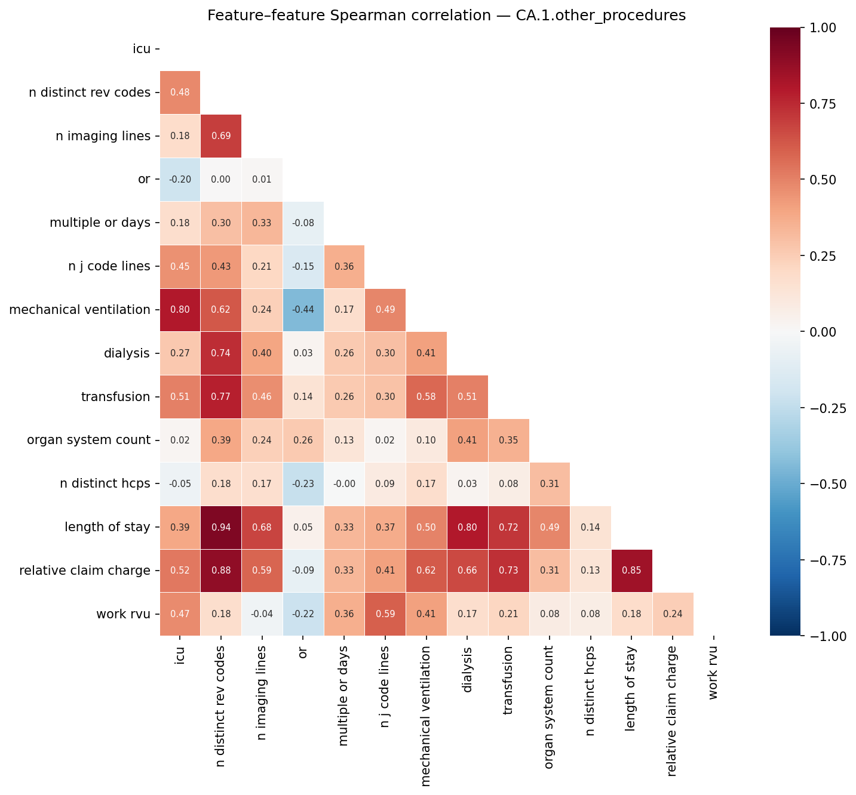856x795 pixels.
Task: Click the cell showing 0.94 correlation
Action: pos(221,528)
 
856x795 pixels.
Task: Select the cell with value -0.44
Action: pos(303,310)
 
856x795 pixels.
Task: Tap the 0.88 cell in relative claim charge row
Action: pos(221,571)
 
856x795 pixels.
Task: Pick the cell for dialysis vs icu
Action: pos(180,353)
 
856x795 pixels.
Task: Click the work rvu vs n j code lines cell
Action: pos(385,614)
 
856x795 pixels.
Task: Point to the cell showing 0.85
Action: pos(632,571)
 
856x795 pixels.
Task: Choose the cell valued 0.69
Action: pos(221,136)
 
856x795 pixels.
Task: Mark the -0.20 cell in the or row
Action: pos(180,179)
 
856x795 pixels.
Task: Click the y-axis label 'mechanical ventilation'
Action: pos(79,310)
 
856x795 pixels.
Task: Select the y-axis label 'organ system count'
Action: pos(89,440)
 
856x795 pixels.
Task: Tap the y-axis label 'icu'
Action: pos(142,49)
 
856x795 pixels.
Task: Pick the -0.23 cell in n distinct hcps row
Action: pos(303,484)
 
